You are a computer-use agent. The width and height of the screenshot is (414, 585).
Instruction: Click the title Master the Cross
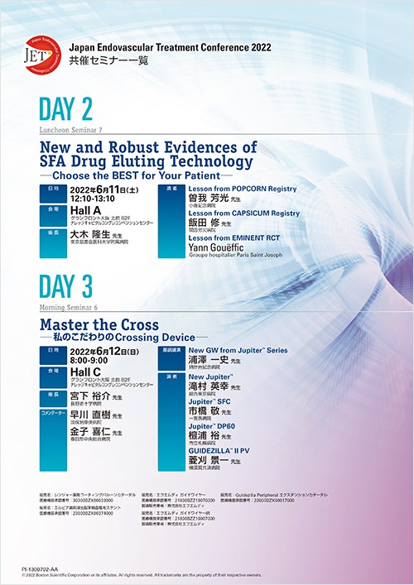click(x=99, y=324)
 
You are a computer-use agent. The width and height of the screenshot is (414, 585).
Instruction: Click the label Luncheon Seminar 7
click(x=70, y=131)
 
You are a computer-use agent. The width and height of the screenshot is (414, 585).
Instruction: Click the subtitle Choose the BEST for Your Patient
click(x=137, y=175)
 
